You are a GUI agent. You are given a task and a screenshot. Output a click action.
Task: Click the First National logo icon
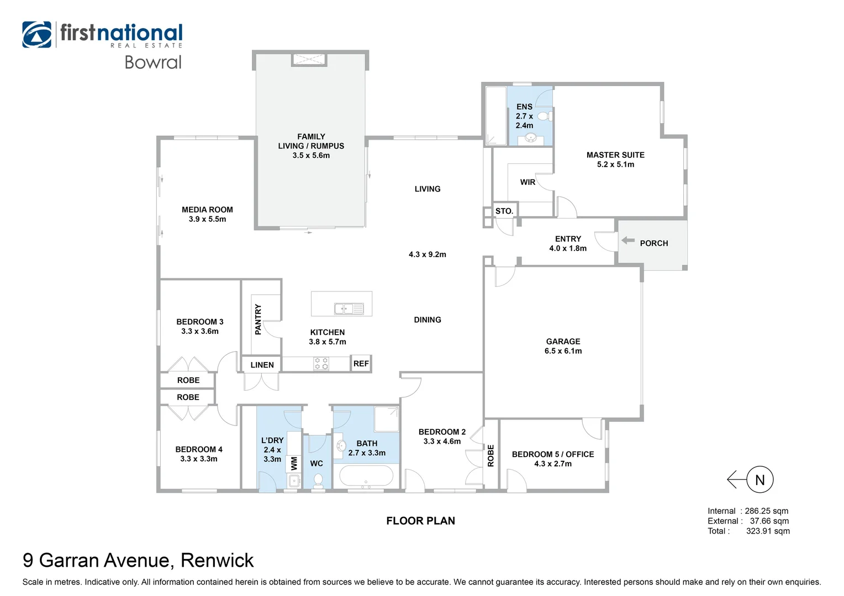pyautogui.click(x=37, y=35)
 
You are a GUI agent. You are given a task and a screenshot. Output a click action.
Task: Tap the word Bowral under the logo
pyautogui.click(x=153, y=62)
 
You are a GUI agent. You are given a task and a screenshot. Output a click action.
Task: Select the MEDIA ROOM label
pyautogui.click(x=207, y=210)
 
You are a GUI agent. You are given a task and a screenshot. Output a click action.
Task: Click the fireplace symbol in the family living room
pyautogui.click(x=309, y=60)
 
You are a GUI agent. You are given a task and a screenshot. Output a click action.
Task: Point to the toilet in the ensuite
pyautogui.click(x=544, y=116)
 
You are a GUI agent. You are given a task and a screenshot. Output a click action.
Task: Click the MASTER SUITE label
pyautogui.click(x=615, y=155)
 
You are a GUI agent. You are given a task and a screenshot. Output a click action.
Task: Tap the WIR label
pyautogui.click(x=527, y=182)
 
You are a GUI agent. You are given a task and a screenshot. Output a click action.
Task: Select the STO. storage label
pyautogui.click(x=504, y=211)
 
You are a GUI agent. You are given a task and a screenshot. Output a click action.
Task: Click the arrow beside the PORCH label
pyautogui.click(x=628, y=241)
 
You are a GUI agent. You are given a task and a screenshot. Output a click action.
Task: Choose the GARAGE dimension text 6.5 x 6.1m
pyautogui.click(x=563, y=351)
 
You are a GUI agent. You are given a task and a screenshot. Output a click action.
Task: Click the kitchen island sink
pyautogui.click(x=349, y=308)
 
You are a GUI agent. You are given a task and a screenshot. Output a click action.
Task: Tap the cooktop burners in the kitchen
pyautogui.click(x=321, y=364)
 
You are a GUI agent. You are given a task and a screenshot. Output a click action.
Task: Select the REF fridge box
pyautogui.click(x=361, y=364)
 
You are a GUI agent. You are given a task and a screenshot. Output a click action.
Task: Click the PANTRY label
pyautogui.click(x=258, y=319)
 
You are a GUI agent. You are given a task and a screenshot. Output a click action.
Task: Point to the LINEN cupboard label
pyautogui.click(x=262, y=365)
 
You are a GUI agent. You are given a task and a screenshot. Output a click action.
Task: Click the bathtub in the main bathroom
pyautogui.click(x=366, y=475)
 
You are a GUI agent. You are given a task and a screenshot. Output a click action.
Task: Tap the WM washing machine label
pyautogui.click(x=294, y=463)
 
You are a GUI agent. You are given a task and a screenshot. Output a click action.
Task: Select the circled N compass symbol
pyautogui.click(x=759, y=480)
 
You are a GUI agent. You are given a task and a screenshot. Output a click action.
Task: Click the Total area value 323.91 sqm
pyautogui.click(x=768, y=531)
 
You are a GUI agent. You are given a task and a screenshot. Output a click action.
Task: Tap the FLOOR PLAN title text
pyautogui.click(x=420, y=521)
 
